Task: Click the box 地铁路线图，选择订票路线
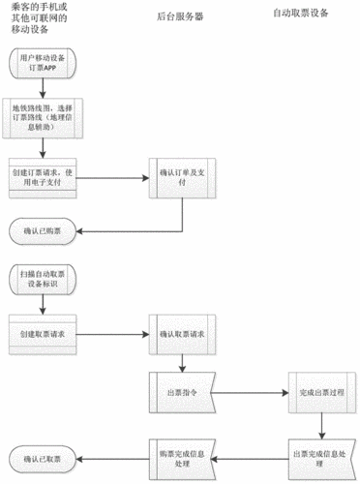(45, 115)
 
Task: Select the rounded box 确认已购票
(45, 231)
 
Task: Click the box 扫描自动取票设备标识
(45, 281)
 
